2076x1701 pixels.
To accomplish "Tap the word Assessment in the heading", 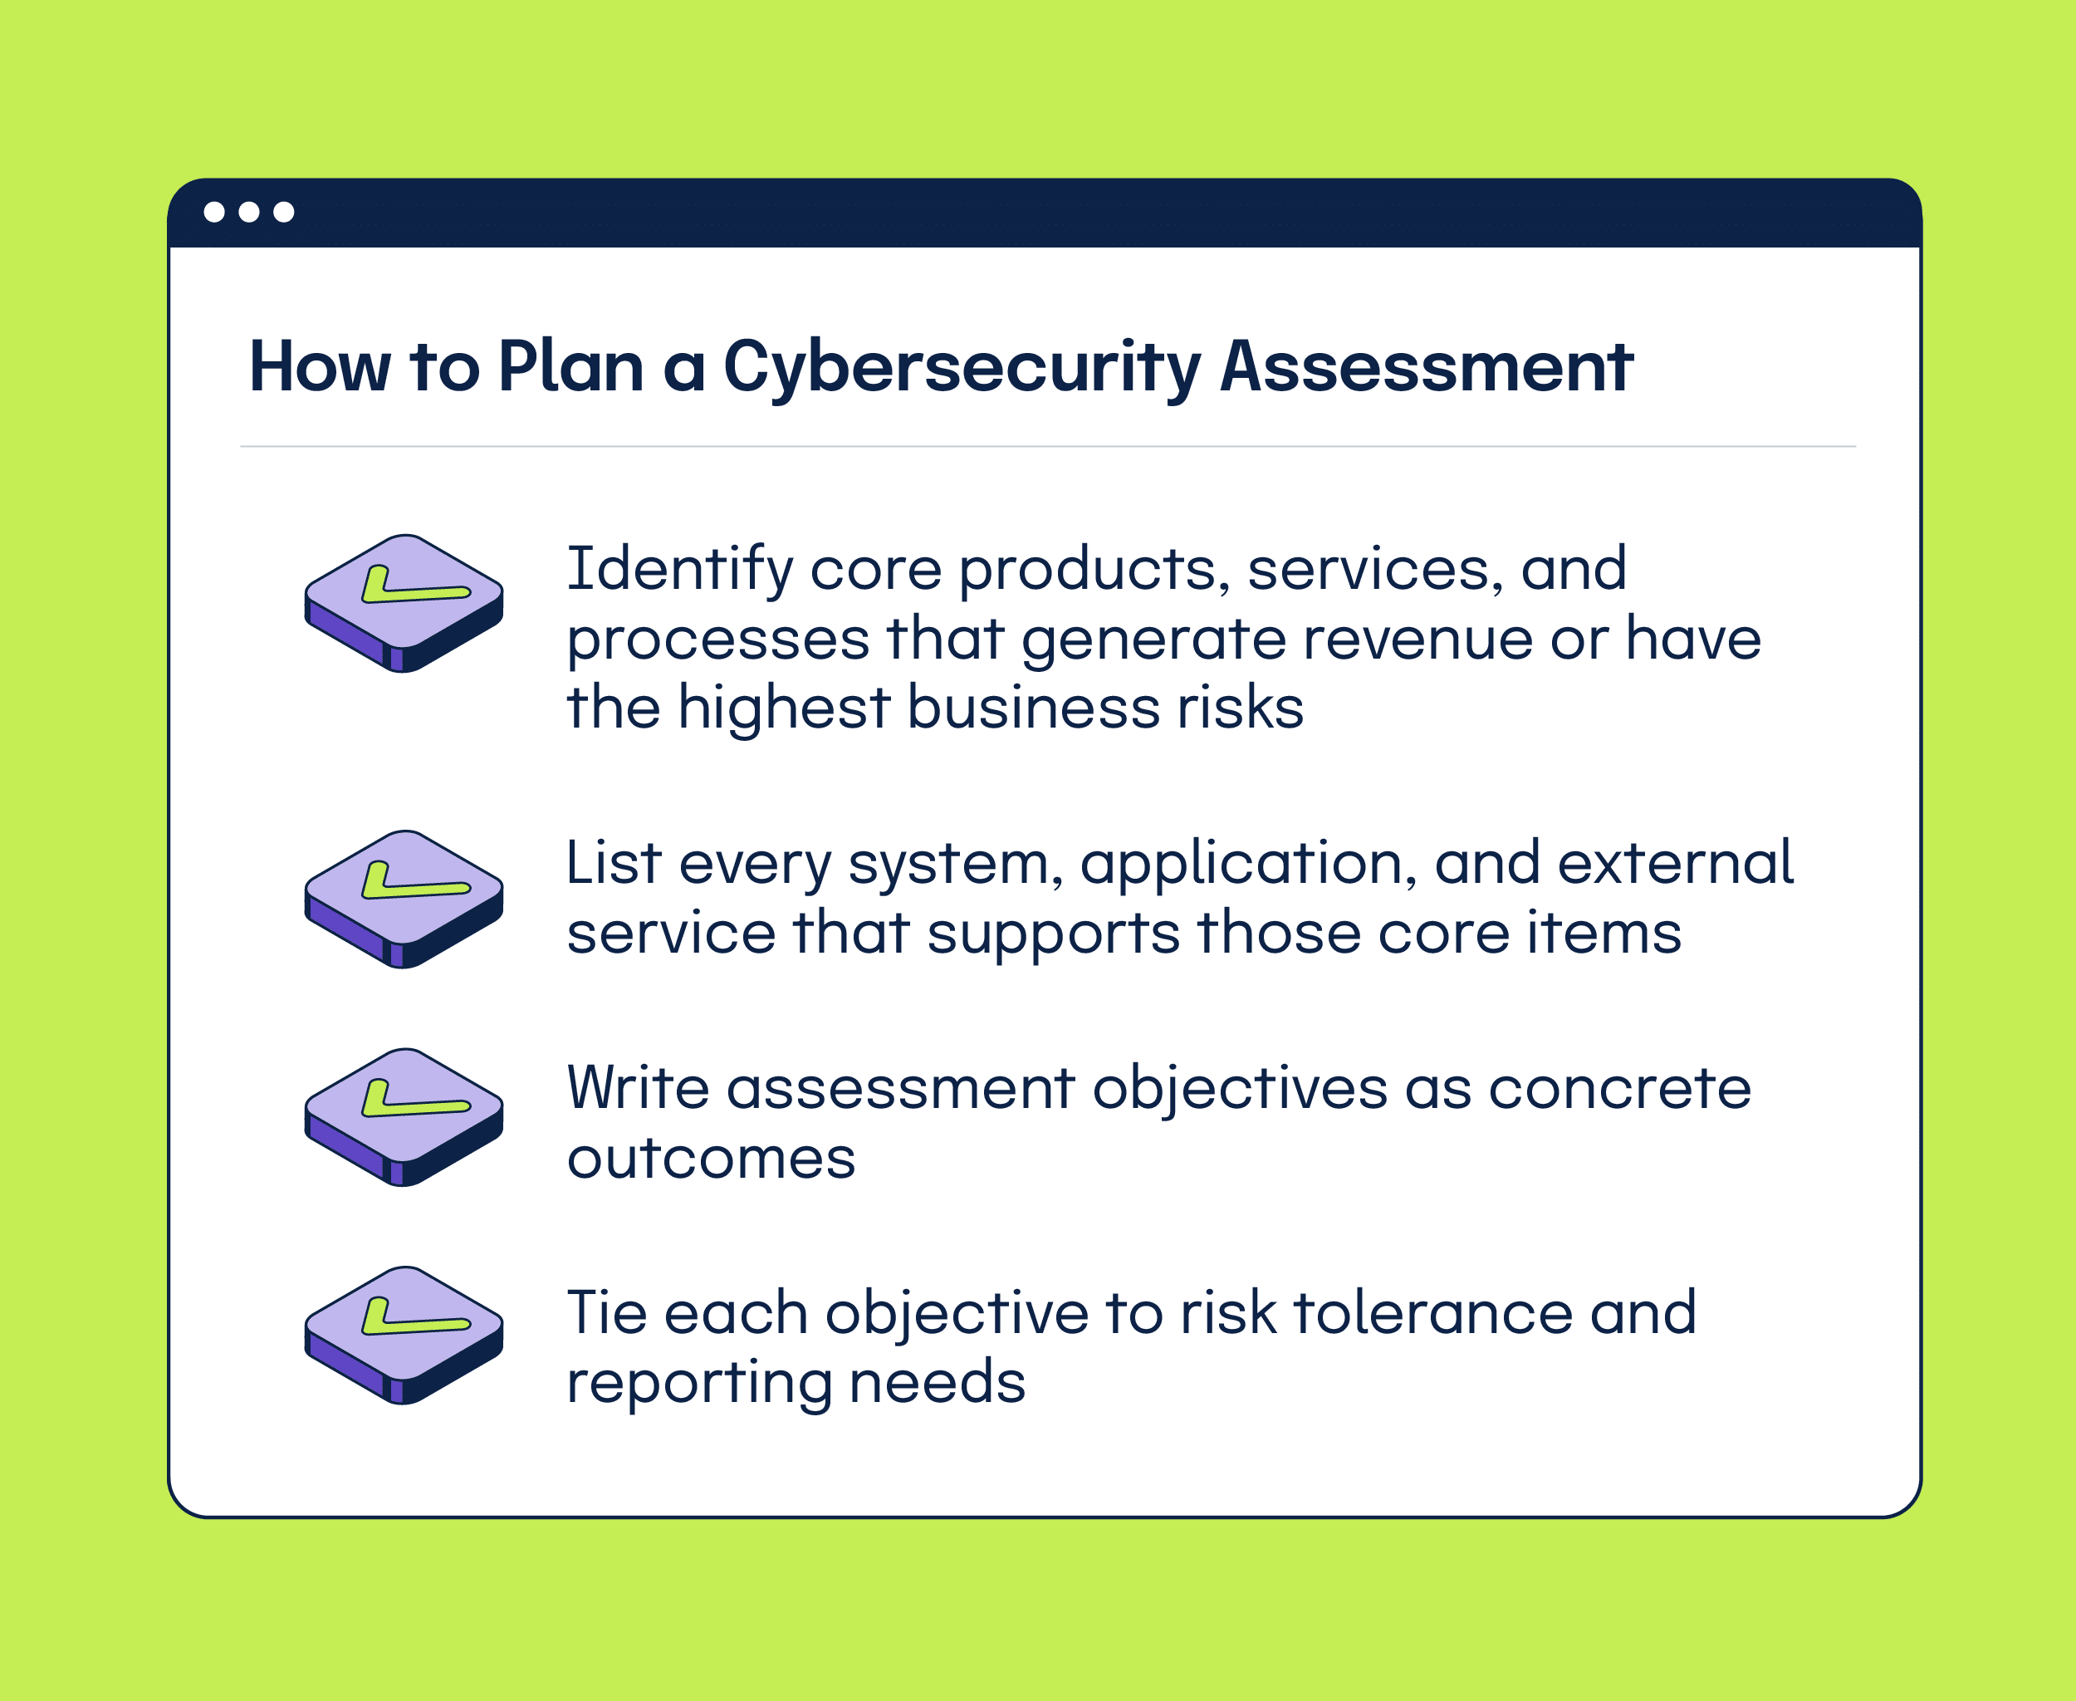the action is point(1427,366).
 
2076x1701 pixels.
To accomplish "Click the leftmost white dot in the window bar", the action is point(214,212).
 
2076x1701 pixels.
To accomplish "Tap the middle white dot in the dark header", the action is point(249,212).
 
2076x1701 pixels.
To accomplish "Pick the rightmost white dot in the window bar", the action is point(284,212).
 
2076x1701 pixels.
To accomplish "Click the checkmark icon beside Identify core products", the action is point(404,603).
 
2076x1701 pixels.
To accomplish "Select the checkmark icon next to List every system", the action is point(404,899).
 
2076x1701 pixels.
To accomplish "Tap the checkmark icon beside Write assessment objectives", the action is point(404,1117).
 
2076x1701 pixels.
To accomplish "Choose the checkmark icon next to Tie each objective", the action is point(404,1335).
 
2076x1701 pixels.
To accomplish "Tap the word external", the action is point(1675,862).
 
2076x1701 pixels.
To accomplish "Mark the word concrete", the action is point(1619,1089).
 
